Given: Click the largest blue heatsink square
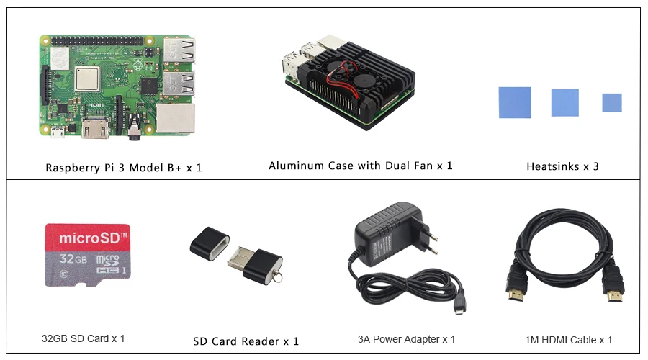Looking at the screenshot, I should point(516,102).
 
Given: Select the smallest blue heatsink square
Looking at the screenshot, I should point(612,103).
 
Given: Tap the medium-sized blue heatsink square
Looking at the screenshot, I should point(564,102).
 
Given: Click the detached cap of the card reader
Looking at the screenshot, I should point(210,243).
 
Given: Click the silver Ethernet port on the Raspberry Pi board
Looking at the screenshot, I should point(176,120).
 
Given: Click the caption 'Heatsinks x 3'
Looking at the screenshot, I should point(562,166).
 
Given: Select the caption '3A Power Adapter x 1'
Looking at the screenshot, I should point(406,339).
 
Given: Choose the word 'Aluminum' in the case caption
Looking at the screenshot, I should point(297,166).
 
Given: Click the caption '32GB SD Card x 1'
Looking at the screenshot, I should point(83,338).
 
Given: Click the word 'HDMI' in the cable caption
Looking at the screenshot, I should point(568,340).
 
